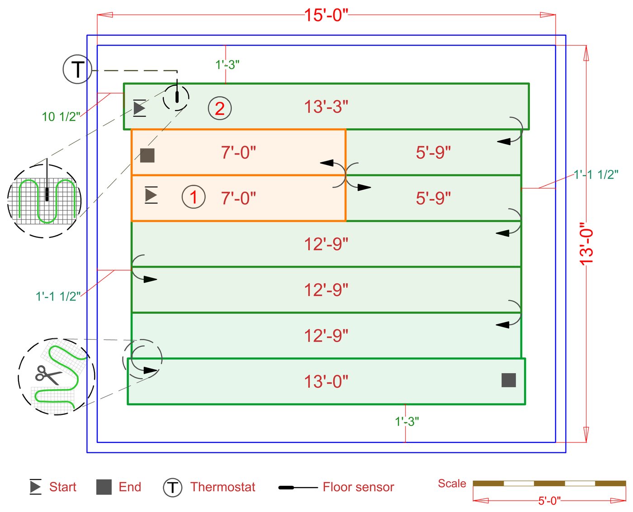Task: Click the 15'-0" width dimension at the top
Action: coord(326,15)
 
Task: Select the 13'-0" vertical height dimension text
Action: coord(586,244)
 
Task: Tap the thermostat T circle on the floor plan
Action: coord(77,69)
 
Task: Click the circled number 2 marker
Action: coord(220,108)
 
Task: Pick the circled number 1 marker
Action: coord(194,197)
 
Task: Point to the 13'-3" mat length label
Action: coord(326,107)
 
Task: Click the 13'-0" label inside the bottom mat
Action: coord(326,382)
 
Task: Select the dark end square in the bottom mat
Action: coord(509,380)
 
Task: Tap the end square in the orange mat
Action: coord(147,155)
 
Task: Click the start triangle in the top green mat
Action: coord(139,108)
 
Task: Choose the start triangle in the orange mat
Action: coord(151,195)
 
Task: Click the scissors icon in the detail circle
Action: coord(48,375)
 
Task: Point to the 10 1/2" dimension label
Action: coord(61,117)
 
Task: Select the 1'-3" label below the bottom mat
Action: coord(407,422)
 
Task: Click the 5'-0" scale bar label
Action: coord(549,501)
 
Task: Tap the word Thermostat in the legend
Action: coord(222,487)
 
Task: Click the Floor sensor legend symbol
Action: coord(298,488)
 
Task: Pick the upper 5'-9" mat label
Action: coord(433,153)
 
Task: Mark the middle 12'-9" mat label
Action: coord(326,290)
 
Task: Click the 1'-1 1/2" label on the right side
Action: coord(596,174)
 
